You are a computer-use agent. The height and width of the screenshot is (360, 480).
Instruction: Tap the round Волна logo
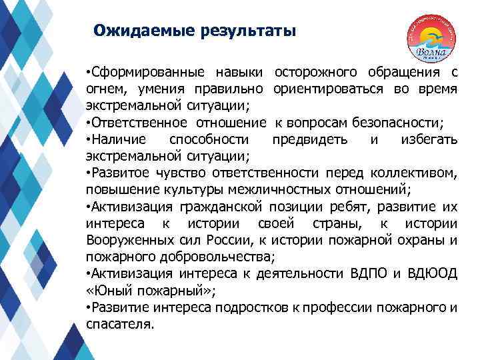click(434, 39)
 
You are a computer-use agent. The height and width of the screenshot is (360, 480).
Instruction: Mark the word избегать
click(428, 140)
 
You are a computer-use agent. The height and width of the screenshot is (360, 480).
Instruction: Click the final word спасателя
click(119, 325)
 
